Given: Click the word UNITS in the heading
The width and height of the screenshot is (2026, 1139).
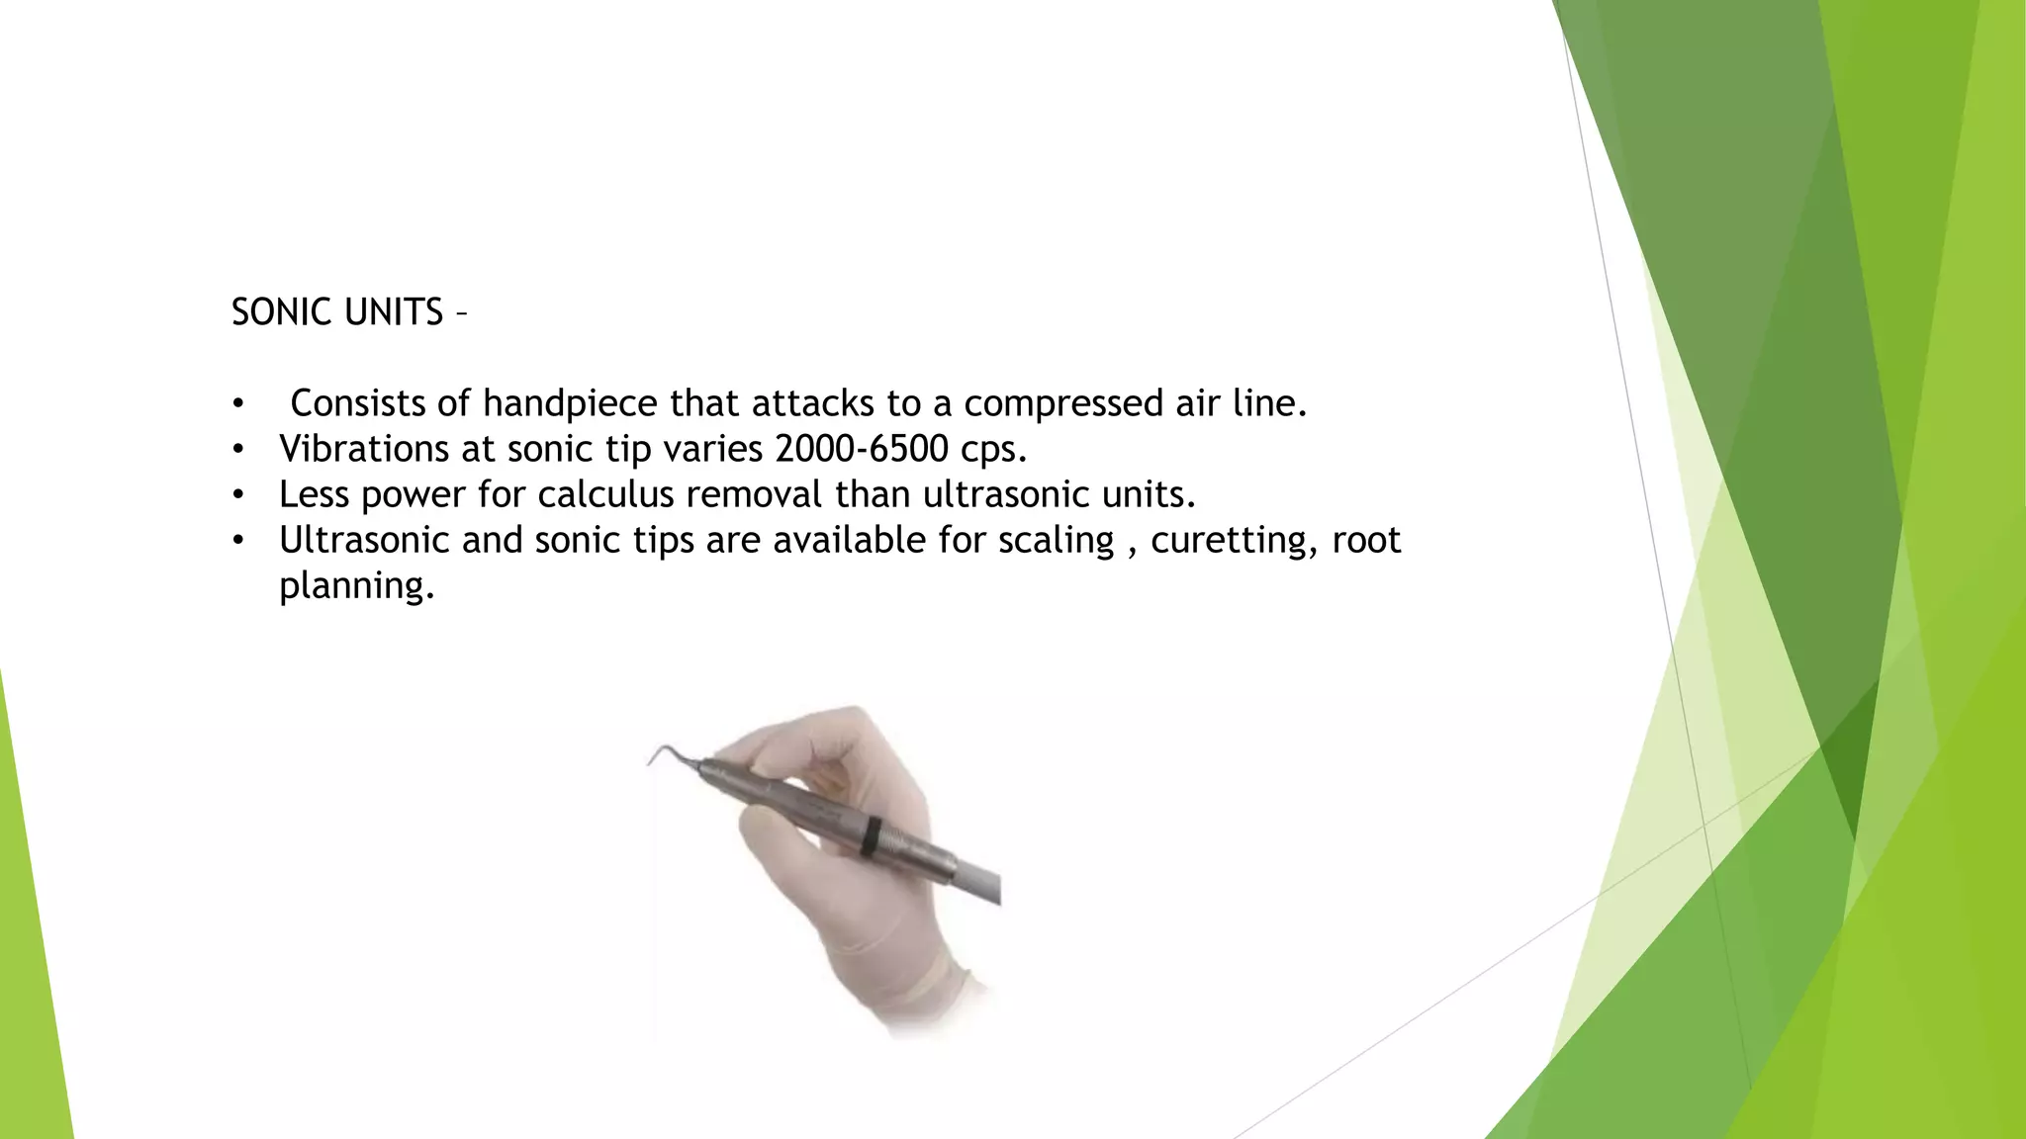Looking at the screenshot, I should [x=393, y=312].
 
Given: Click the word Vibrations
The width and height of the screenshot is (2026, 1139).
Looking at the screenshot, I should [x=364, y=449].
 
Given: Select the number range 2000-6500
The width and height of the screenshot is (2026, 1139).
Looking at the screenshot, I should [x=862, y=449].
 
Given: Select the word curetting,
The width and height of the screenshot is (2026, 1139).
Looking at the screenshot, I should [x=1234, y=541].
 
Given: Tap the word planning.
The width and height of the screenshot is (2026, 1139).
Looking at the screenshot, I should [x=356, y=586].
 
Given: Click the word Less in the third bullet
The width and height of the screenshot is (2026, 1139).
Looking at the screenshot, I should [x=314, y=494].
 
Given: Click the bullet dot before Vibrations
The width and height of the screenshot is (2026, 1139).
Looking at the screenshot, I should [x=237, y=450].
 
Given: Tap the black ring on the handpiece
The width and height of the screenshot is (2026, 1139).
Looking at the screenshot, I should [x=870, y=835].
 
